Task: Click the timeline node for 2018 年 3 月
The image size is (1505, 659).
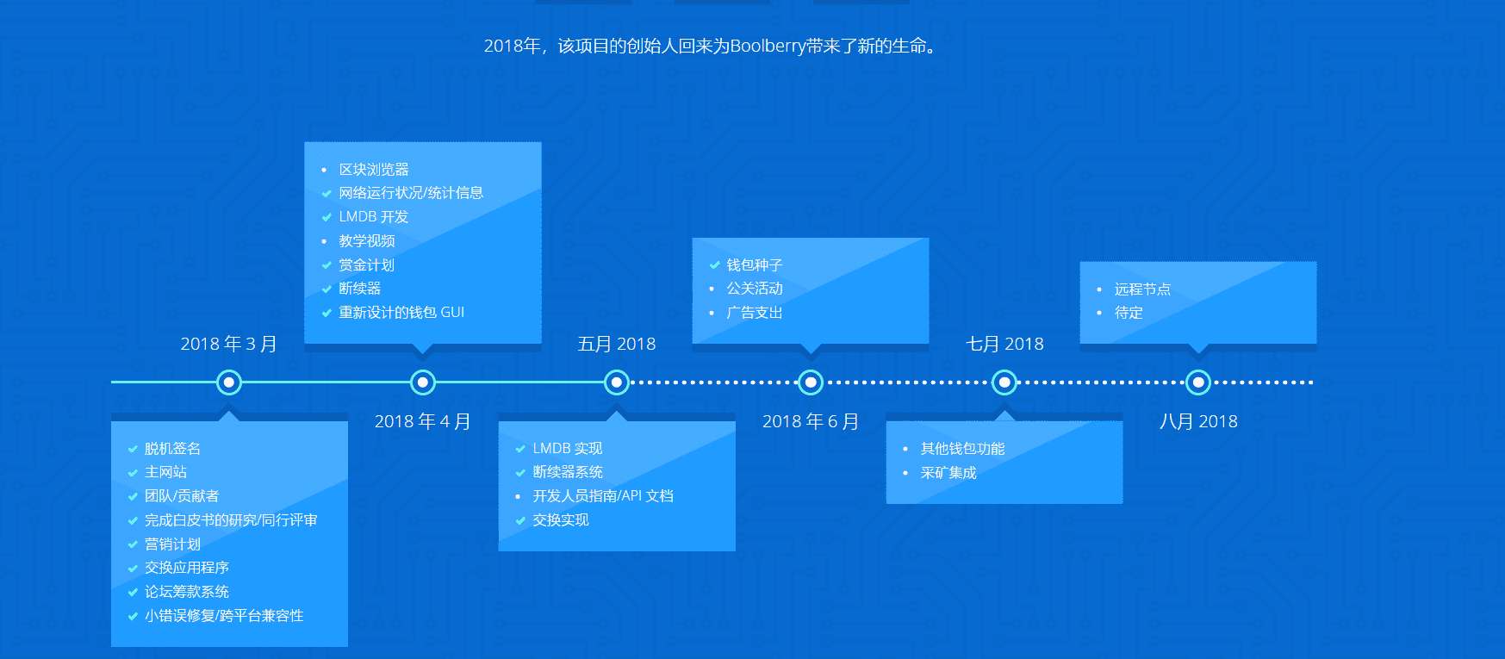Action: [x=229, y=382]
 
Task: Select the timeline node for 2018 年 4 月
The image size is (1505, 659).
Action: [x=423, y=382]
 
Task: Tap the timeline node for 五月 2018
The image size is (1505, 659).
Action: [x=617, y=382]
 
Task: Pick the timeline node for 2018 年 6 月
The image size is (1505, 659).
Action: [x=811, y=382]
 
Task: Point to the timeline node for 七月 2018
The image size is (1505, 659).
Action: [x=1004, y=382]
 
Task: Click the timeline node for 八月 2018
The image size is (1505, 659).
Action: [x=1198, y=382]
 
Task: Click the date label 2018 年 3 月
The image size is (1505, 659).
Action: [x=228, y=344]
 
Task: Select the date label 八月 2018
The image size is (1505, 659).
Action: [x=1198, y=421]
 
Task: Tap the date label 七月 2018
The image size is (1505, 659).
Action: [x=1004, y=344]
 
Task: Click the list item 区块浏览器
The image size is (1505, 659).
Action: [x=374, y=170]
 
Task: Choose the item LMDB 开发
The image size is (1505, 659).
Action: [x=373, y=217]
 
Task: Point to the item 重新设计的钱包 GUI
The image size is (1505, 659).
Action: [x=401, y=313]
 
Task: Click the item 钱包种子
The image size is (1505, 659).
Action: [x=754, y=265]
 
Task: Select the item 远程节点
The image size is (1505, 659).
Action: [x=1142, y=289]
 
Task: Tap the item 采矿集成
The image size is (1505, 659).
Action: [x=948, y=473]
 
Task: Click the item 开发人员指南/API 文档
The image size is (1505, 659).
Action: [x=603, y=496]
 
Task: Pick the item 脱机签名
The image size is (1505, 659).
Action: [x=172, y=449]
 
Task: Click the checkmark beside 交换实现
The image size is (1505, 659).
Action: [x=520, y=520]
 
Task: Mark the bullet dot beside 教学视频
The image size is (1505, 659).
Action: [x=324, y=241]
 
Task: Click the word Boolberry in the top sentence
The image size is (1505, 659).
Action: [x=768, y=46]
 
